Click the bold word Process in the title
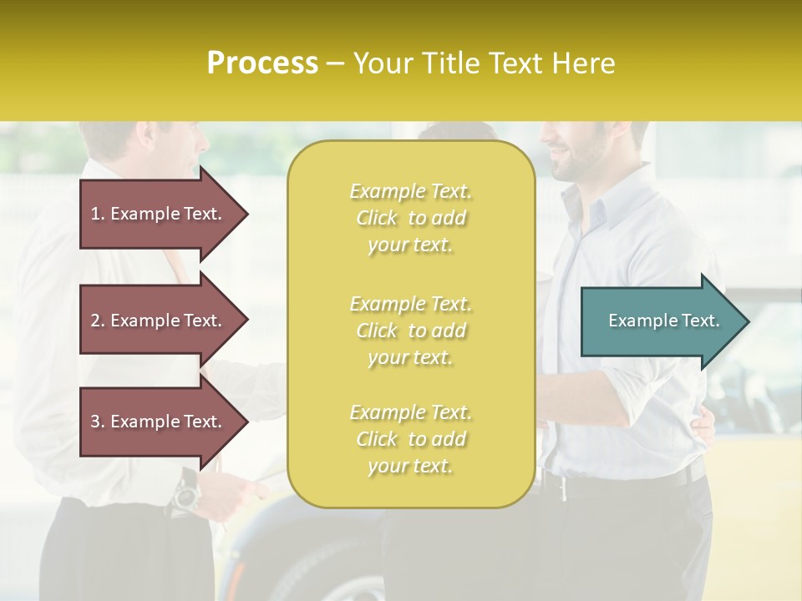tap(262, 63)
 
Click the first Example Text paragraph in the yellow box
tap(411, 218)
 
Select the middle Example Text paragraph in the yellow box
tap(411, 331)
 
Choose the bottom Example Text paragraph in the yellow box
tap(411, 439)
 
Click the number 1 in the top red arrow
tap(95, 214)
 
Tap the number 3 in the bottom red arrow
tap(95, 422)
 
